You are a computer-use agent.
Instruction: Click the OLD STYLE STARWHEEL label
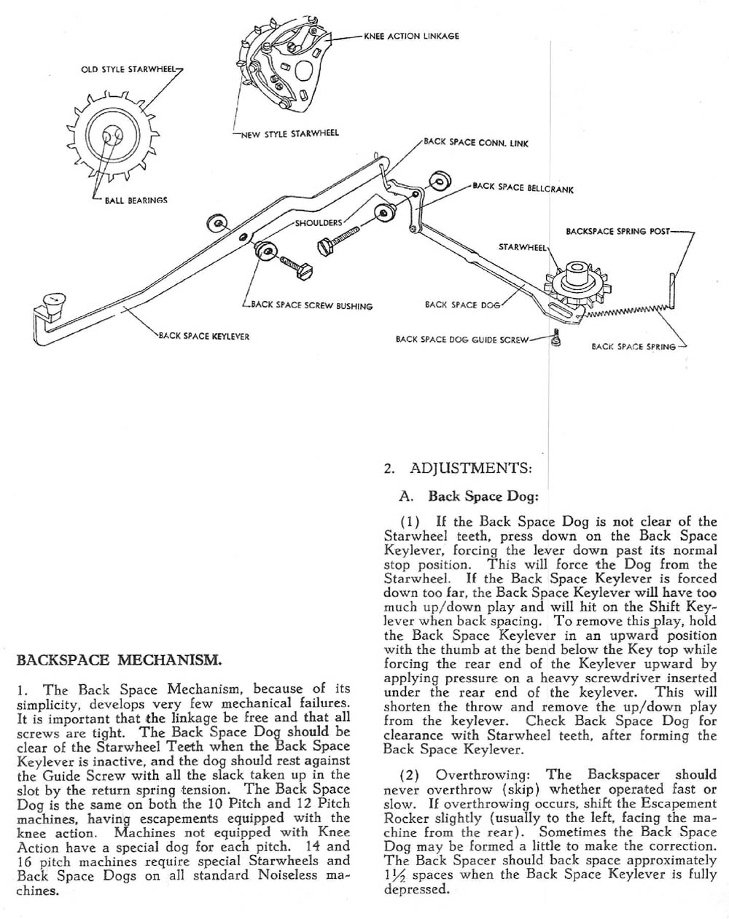(x=128, y=70)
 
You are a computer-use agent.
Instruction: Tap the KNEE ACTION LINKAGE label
(x=411, y=36)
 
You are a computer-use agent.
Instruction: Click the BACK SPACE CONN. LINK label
(x=476, y=143)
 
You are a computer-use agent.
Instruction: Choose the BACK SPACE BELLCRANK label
(x=523, y=188)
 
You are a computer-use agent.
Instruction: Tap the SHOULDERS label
(x=319, y=223)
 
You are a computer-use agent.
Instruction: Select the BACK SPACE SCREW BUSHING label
(x=311, y=306)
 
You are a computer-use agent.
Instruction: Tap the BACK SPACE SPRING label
(x=634, y=347)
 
